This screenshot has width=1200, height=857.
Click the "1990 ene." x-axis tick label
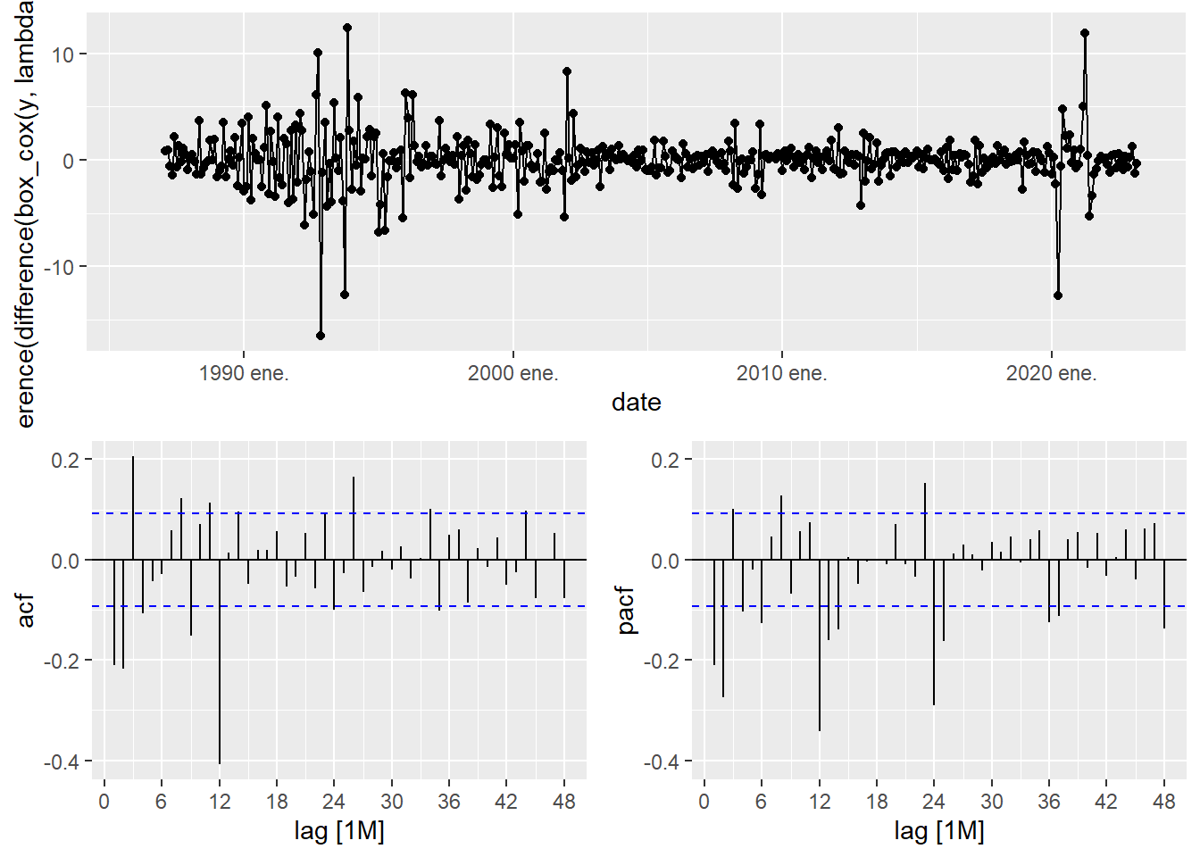[244, 373]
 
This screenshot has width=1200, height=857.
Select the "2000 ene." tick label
[512, 373]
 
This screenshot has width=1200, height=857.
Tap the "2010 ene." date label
[781, 373]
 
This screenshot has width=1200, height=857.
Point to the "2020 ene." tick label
[1051, 373]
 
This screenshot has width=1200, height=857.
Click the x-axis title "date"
[636, 403]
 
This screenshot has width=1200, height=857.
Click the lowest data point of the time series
[321, 336]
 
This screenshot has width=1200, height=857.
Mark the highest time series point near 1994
[347, 28]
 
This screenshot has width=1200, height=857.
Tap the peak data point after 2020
[1085, 33]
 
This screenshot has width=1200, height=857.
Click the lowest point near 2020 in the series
[1058, 295]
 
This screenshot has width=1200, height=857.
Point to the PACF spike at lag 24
[934, 633]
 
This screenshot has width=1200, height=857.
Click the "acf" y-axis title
[26, 611]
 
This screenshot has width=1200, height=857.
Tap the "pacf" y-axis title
[627, 611]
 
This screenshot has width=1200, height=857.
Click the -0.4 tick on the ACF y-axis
[62, 761]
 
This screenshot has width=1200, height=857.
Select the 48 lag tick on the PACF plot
[1164, 801]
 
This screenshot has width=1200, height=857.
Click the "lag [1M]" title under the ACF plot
[339, 831]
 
